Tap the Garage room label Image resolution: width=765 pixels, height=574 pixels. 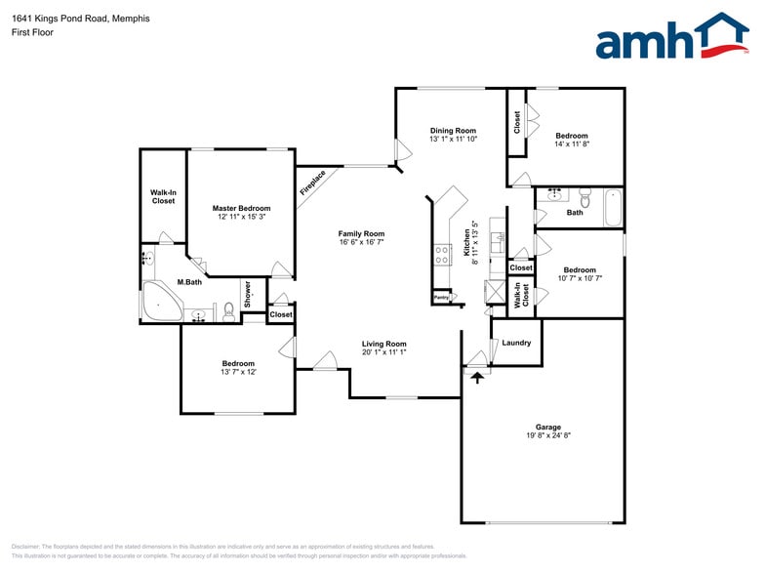[547, 427]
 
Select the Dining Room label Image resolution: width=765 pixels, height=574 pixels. [453, 131]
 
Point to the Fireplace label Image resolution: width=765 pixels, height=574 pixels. [313, 183]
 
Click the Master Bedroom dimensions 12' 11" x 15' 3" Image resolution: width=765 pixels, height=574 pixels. [241, 217]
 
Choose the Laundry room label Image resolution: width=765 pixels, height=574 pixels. [516, 343]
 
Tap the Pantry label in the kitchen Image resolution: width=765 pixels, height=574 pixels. [441, 297]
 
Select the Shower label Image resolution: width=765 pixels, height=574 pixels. [248, 294]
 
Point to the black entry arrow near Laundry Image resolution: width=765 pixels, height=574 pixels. [477, 376]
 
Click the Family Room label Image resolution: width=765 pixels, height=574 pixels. [361, 233]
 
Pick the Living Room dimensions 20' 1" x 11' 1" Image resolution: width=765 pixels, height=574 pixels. [383, 352]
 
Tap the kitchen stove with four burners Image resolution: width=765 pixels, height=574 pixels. [441, 255]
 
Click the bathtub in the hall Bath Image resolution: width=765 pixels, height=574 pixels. [613, 206]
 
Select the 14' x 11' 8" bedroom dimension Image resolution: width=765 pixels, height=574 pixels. [572, 144]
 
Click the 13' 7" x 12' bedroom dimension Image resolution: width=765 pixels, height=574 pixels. [238, 372]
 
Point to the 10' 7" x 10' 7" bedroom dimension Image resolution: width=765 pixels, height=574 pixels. [580, 278]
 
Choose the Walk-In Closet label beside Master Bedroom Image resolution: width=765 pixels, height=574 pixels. [163, 196]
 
